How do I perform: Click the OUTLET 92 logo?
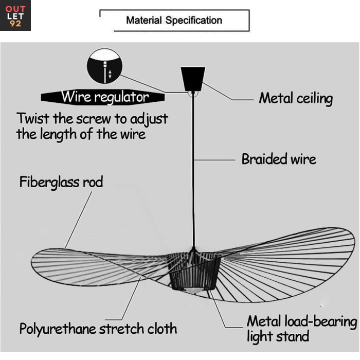[15, 15]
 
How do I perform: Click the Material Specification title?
[174, 21]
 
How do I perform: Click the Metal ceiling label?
[295, 98]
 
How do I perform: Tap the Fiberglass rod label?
[61, 182]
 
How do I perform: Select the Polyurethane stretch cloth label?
[98, 328]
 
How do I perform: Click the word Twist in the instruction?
[32, 118]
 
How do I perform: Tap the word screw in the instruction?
[94, 119]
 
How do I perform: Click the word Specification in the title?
[194, 21]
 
